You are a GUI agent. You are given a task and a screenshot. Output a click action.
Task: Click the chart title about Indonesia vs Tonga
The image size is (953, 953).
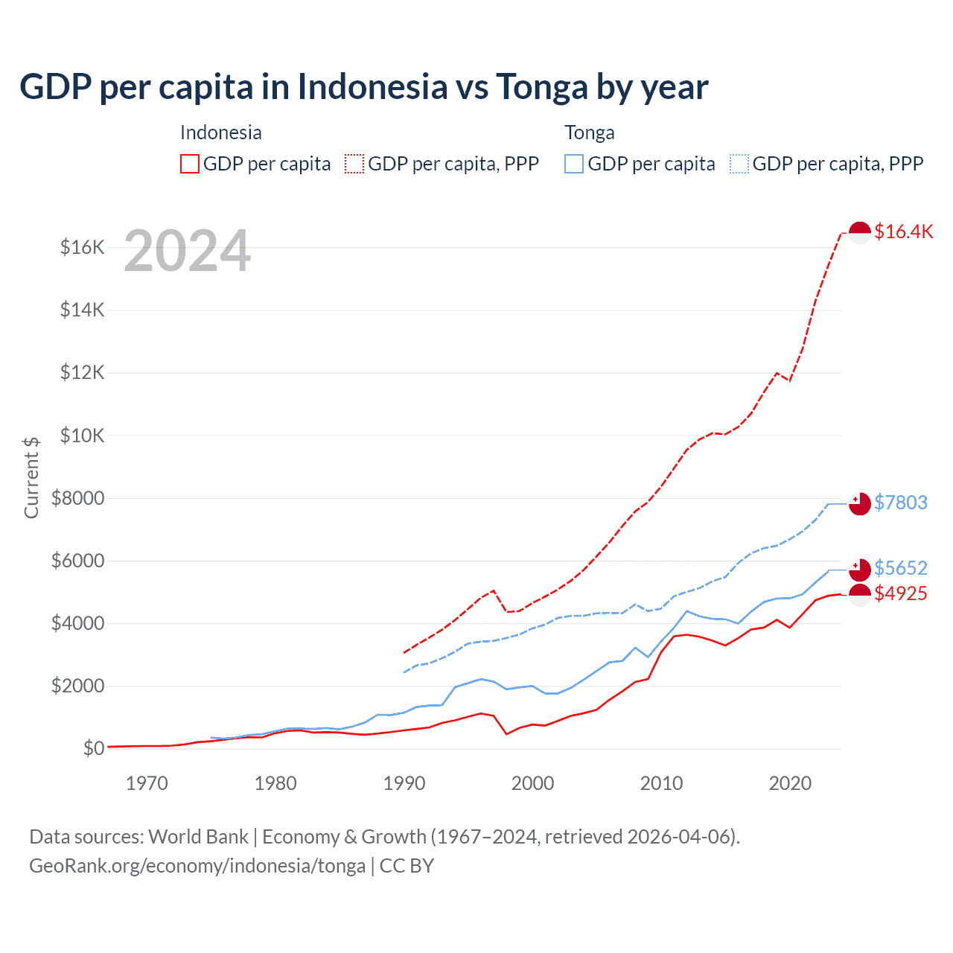(x=363, y=87)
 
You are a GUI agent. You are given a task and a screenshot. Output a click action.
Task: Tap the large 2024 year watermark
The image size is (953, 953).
(x=187, y=252)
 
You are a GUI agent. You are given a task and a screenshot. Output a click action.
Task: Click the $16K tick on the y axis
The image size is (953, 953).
(x=83, y=247)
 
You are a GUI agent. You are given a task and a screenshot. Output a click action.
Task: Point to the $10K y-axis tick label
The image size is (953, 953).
(x=83, y=436)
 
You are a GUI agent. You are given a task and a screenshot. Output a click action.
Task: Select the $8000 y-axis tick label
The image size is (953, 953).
(x=78, y=498)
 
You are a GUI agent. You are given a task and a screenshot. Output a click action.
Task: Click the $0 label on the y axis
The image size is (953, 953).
(x=94, y=748)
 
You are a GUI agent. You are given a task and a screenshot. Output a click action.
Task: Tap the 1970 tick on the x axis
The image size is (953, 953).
(x=147, y=783)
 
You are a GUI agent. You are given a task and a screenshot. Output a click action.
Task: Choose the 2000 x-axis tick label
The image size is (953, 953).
(x=532, y=783)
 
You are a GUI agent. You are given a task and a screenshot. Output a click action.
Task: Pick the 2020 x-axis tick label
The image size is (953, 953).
(x=790, y=783)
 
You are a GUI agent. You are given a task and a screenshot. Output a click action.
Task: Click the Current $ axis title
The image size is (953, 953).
(x=31, y=477)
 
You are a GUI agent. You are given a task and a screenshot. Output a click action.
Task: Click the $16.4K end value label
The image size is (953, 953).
(x=903, y=232)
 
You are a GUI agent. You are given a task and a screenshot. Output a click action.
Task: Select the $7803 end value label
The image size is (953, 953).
(x=901, y=503)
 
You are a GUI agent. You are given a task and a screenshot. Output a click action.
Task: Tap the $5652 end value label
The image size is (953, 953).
(x=901, y=568)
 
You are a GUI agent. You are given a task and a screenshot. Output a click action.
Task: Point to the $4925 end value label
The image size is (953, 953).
(x=901, y=593)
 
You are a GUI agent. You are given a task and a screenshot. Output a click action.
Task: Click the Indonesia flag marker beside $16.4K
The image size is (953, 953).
(x=860, y=233)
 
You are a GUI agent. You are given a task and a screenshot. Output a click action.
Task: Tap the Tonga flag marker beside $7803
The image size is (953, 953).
(x=860, y=503)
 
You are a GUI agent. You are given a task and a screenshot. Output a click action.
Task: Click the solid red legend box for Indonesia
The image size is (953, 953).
(x=190, y=164)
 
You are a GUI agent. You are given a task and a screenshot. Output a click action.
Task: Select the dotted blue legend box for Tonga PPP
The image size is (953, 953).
(x=739, y=164)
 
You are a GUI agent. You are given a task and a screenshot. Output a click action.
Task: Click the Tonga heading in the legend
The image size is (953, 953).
(x=590, y=133)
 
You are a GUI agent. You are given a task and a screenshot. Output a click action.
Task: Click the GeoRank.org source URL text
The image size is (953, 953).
(x=197, y=866)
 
